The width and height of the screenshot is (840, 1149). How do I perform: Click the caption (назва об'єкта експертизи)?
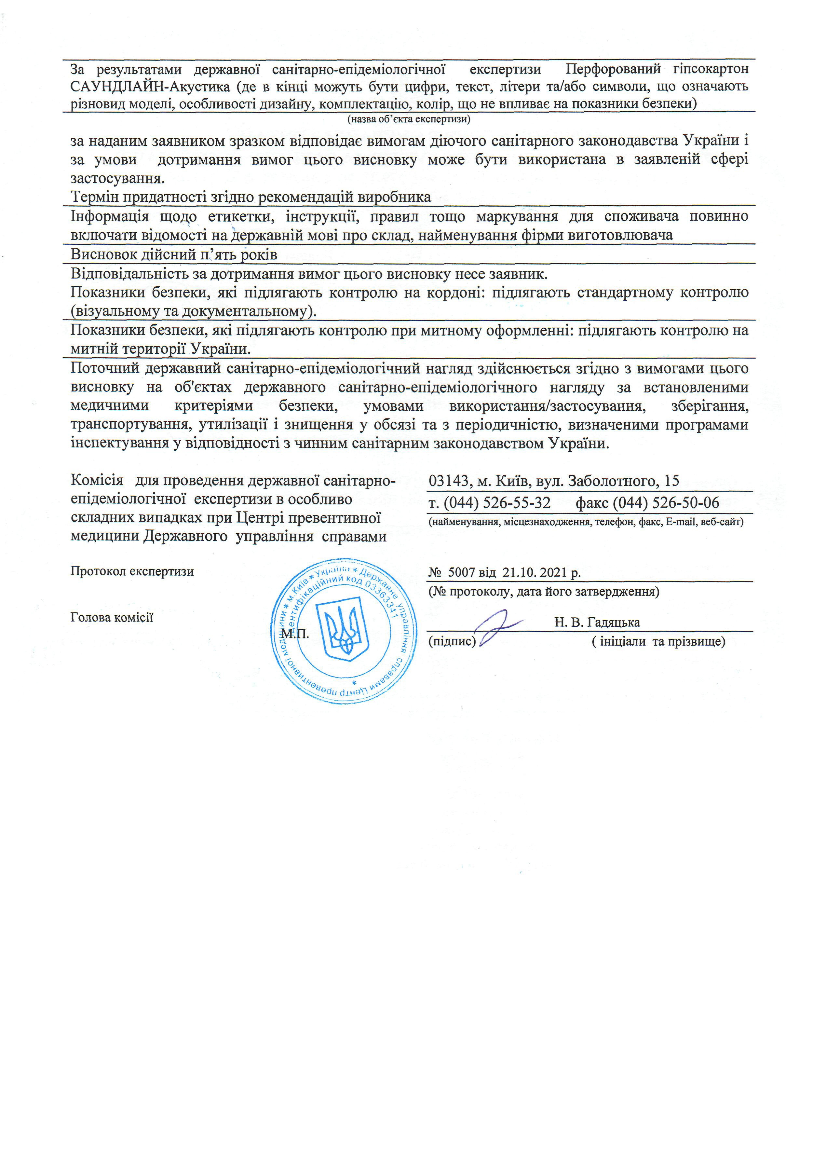(409, 119)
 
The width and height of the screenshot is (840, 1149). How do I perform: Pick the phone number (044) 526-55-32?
(497, 503)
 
